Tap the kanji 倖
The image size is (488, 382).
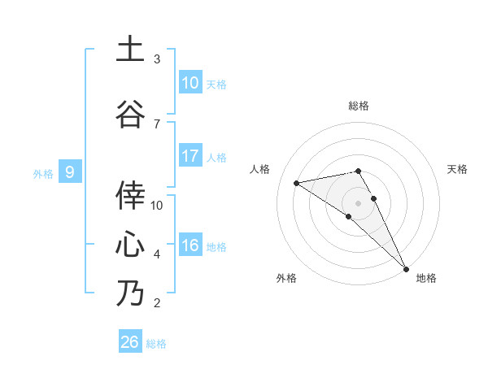point(130,194)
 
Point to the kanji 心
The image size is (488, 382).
point(130,243)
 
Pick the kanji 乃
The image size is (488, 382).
point(130,293)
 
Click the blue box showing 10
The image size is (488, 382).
point(190,83)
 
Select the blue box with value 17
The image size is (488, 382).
point(190,156)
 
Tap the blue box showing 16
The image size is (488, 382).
point(190,245)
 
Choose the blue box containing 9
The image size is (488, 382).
point(71,171)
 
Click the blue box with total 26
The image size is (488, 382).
point(130,342)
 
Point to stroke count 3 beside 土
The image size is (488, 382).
point(157,59)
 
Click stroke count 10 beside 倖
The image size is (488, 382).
point(157,205)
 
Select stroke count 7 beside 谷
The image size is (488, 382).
point(157,124)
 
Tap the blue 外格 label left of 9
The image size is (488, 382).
point(43,173)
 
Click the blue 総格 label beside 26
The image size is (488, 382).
point(156,344)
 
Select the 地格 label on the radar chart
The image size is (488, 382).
point(426,279)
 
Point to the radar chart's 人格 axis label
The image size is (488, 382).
point(260,169)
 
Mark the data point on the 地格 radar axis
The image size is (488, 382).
point(406,268)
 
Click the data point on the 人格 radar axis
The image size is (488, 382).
point(296,183)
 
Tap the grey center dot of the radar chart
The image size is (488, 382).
point(358,202)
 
